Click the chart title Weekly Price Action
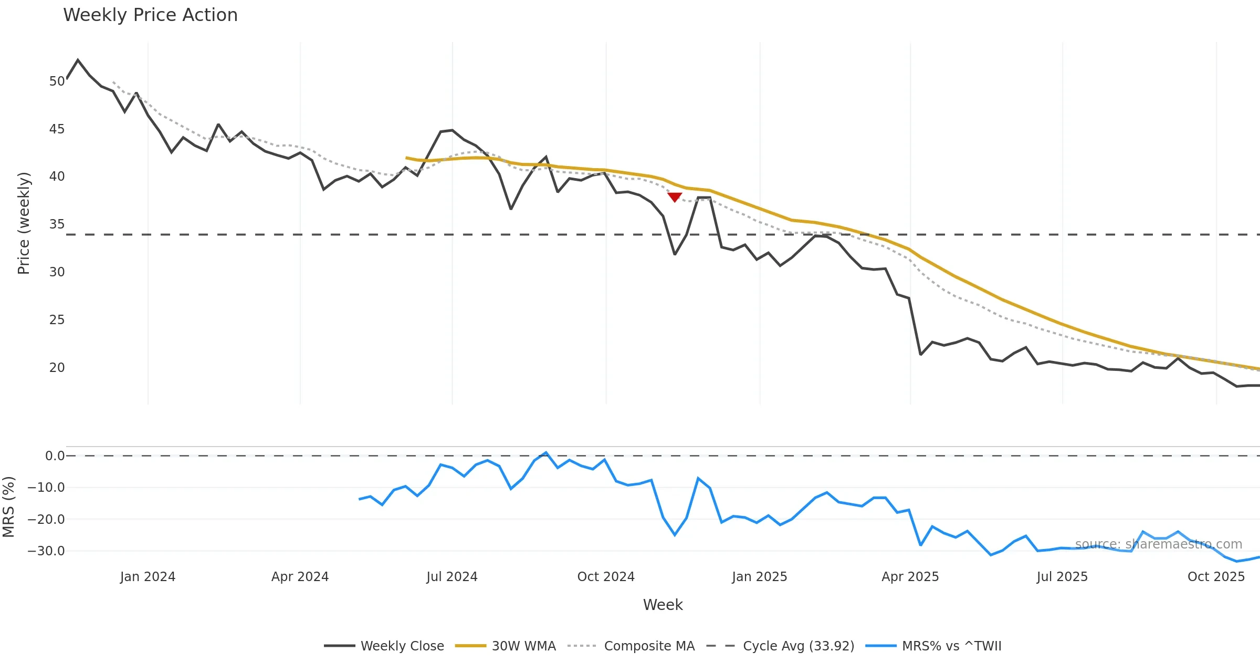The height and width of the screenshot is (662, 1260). click(x=150, y=15)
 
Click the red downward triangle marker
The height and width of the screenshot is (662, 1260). click(x=675, y=197)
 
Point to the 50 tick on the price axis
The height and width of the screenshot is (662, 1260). click(x=57, y=81)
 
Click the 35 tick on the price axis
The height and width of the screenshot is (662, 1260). click(x=57, y=224)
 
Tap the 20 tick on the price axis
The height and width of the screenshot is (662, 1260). click(x=57, y=368)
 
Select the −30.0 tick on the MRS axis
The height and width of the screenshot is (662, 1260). click(x=46, y=551)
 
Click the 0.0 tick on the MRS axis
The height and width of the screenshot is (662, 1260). click(x=55, y=456)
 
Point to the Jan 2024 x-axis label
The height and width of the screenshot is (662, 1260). click(x=148, y=577)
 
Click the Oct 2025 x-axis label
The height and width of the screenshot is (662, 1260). click(x=1216, y=577)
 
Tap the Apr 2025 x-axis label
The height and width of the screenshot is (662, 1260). click(x=910, y=577)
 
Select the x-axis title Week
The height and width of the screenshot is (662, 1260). click(x=663, y=605)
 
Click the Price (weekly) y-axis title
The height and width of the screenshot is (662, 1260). click(x=24, y=223)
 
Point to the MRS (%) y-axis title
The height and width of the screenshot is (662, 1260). click(x=9, y=507)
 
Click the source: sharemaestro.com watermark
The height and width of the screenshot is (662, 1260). click(x=1158, y=544)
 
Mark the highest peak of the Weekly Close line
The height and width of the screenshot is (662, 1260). click(x=78, y=60)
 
